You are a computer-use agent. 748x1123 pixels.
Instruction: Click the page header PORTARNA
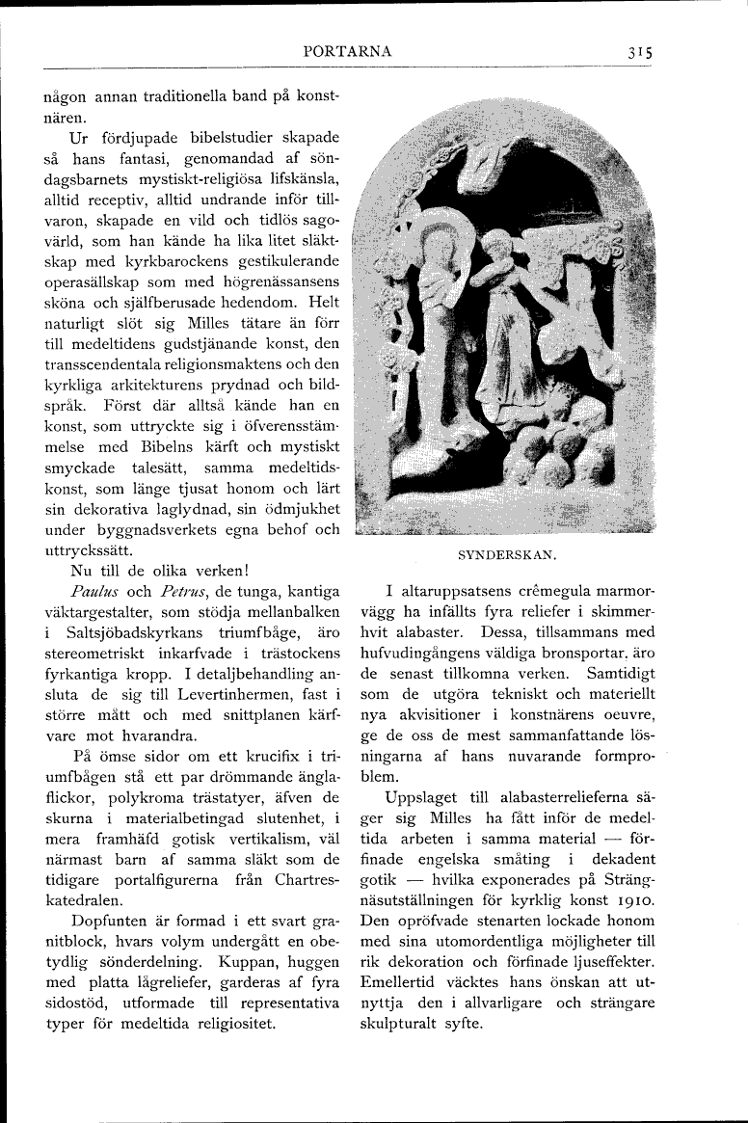(x=346, y=52)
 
